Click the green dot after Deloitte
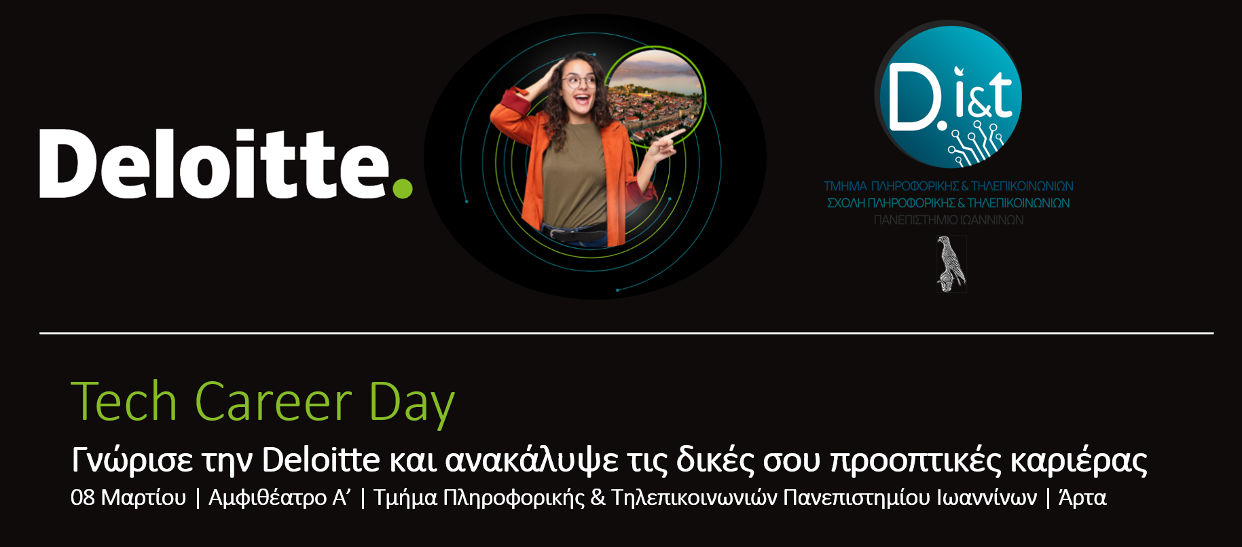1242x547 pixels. pyautogui.click(x=403, y=188)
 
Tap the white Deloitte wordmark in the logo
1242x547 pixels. pyautogui.click(x=215, y=163)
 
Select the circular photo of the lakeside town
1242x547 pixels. pyautogui.click(x=655, y=99)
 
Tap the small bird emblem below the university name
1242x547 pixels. pyautogui.click(x=951, y=264)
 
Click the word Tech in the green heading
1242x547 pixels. pyautogui.click(x=124, y=402)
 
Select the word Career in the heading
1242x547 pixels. pyautogui.click(x=274, y=402)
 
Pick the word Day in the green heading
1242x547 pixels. pyautogui.click(x=412, y=405)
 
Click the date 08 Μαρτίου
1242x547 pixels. pyautogui.click(x=128, y=498)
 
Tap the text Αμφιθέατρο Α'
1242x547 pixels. pyautogui.click(x=280, y=498)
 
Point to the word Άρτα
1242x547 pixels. pyautogui.click(x=1082, y=497)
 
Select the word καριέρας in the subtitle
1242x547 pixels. pyautogui.click(x=1079, y=461)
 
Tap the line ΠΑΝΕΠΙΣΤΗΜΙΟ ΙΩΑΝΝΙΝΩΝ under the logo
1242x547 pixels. pyautogui.click(x=949, y=220)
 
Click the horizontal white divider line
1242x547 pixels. pyautogui.click(x=626, y=333)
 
